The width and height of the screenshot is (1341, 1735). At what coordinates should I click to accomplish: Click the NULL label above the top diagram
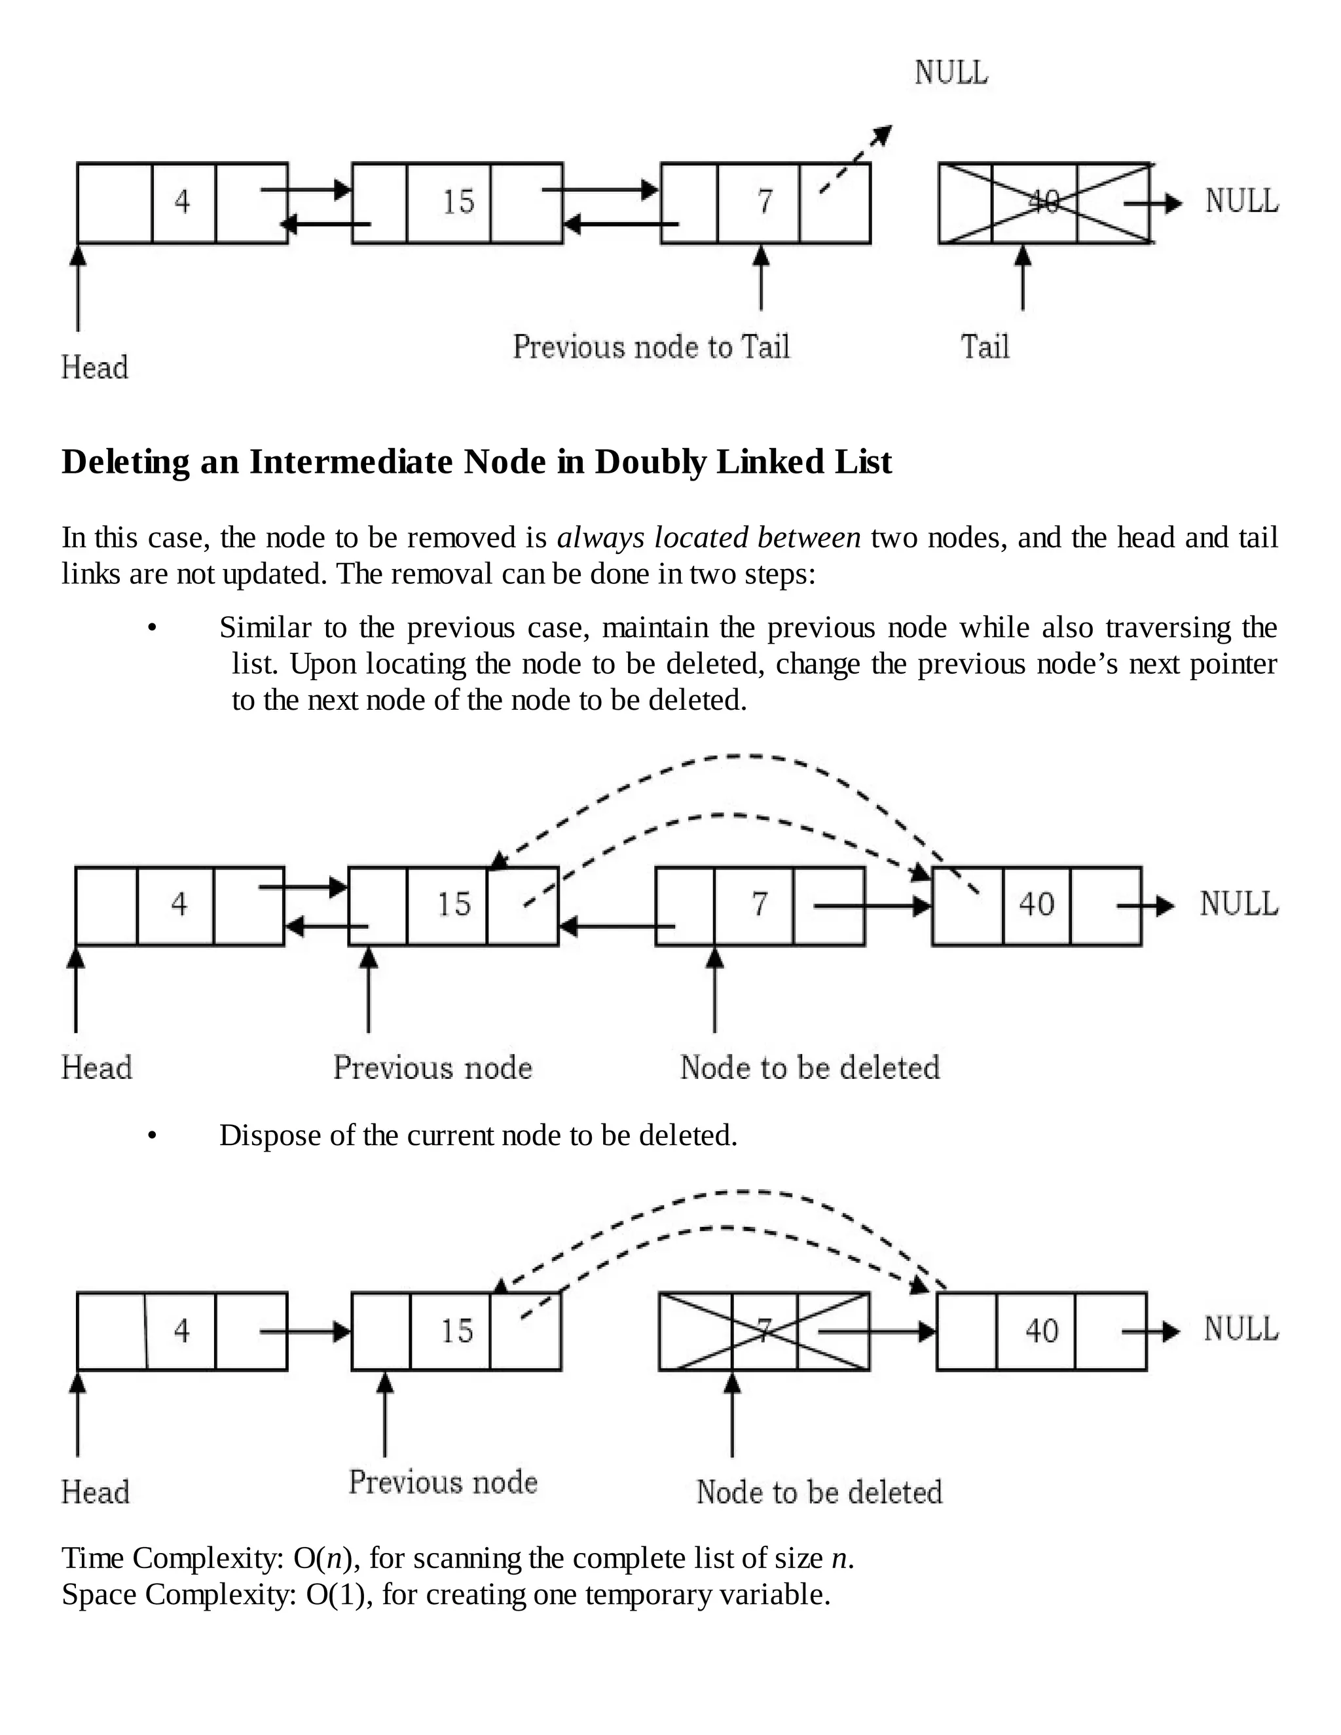coord(951,73)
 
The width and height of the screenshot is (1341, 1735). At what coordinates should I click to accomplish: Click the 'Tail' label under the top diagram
coord(984,347)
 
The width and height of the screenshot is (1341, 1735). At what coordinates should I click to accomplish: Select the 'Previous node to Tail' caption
coord(652,347)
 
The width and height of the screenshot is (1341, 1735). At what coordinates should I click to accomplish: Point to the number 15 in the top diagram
coord(458,202)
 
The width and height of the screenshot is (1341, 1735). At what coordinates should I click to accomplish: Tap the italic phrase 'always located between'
coord(708,538)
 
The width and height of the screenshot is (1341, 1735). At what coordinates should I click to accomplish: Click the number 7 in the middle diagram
coord(760,904)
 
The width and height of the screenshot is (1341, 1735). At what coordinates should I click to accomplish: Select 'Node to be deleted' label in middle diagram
coord(809,1067)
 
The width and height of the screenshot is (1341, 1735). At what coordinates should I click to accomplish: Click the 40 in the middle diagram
coord(1037,904)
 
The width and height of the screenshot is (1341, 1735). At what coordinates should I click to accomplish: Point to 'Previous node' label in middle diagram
coord(433,1067)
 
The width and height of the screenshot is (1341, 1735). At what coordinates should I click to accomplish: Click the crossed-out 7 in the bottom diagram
coord(764,1330)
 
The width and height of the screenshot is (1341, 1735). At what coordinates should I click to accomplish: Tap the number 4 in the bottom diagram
coord(182,1330)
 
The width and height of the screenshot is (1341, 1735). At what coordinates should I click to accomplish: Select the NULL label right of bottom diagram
coord(1241,1328)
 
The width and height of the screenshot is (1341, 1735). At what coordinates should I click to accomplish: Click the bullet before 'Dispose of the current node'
coord(153,1137)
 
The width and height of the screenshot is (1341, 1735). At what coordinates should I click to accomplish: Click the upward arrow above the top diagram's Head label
coord(78,286)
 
